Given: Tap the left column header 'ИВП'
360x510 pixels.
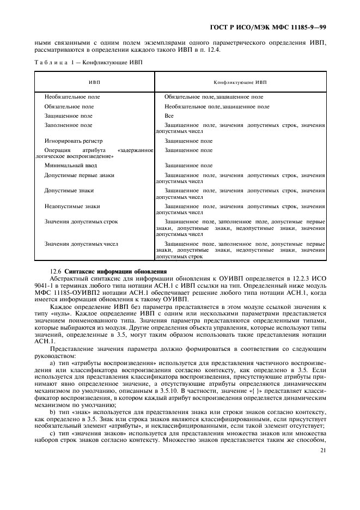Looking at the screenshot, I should click(95, 82).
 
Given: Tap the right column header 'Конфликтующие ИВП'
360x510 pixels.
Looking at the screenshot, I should click(240, 82).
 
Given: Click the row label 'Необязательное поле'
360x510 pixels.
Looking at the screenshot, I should click(72, 96).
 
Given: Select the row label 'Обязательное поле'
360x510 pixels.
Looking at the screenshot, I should click(69, 107).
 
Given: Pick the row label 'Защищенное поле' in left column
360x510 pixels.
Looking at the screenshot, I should click(68, 116).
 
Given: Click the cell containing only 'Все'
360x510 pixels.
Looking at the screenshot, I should click(169, 116).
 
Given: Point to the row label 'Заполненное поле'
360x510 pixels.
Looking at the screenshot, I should click(68, 125).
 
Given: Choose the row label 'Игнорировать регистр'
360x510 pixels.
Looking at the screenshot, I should click(74, 141).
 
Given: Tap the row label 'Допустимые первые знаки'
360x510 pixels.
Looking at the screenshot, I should click(79, 175).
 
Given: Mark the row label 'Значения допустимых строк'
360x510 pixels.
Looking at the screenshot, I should click(81, 222).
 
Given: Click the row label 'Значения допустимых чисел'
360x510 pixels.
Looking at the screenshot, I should click(81, 244).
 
